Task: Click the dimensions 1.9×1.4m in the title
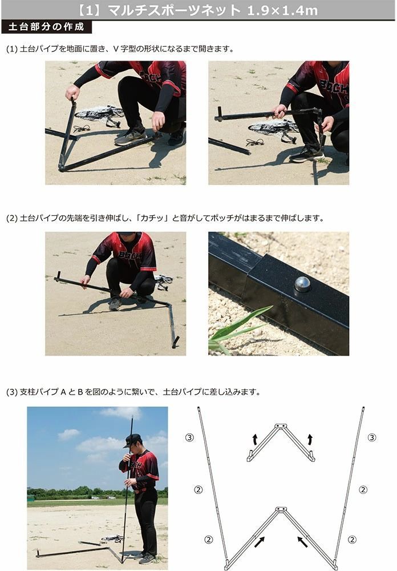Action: pyautogui.click(x=282, y=10)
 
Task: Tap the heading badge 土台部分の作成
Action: pyautogui.click(x=46, y=27)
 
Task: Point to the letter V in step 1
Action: pyautogui.click(x=116, y=49)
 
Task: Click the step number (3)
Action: pyautogui.click(x=12, y=392)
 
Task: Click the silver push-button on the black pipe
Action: pyautogui.click(x=302, y=284)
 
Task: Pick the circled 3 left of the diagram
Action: pyautogui.click(x=189, y=437)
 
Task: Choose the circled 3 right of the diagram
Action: pyautogui.click(x=372, y=437)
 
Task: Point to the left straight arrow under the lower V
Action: pyautogui.click(x=259, y=542)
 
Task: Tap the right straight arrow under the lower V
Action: pyautogui.click(x=303, y=542)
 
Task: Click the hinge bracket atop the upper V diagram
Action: pyautogui.click(x=280, y=426)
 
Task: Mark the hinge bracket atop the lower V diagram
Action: pyautogui.click(x=280, y=509)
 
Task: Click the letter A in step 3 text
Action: pyautogui.click(x=63, y=392)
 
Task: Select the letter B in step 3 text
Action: pyautogui.click(x=80, y=392)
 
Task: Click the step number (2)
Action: pyautogui.click(x=12, y=219)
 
